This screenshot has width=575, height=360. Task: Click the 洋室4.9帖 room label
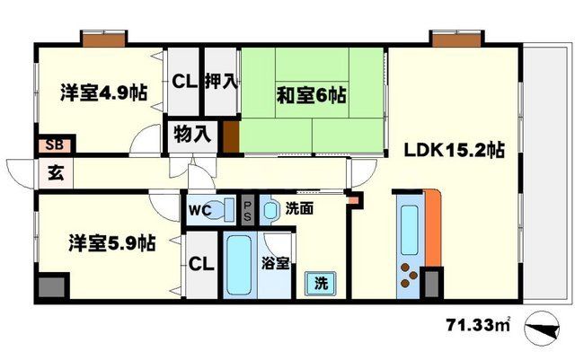[x=104, y=92]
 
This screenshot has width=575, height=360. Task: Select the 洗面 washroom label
[x=298, y=209]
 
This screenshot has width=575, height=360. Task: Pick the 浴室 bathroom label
[x=276, y=263]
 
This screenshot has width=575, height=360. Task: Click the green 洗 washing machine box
[x=320, y=283]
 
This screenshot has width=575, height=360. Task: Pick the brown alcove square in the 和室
[x=232, y=138]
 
